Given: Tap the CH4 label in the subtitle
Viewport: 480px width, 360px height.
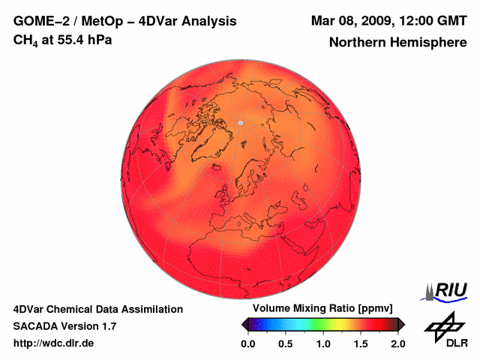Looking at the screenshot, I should coord(25,40).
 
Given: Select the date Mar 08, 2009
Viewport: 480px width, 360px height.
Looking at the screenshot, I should coord(352,20).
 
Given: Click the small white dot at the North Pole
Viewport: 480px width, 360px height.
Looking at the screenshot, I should coord(240,122).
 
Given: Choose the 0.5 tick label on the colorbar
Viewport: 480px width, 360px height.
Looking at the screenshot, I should coord(286,343).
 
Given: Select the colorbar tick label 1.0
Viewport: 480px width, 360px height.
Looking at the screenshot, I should coord(323,343).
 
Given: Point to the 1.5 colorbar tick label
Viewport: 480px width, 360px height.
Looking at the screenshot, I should coord(361,343).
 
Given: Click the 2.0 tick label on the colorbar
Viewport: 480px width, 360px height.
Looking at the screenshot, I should coord(398,343).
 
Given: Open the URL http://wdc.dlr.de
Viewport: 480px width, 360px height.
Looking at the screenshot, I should coord(54,343).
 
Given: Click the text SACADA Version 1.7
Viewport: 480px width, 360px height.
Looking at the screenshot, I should coord(64,326).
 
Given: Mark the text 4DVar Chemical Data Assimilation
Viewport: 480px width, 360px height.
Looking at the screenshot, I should coord(98,309).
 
